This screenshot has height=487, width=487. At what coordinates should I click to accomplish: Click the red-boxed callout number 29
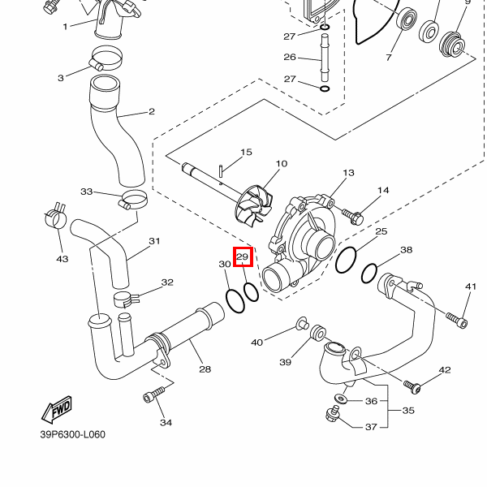(x=243, y=256)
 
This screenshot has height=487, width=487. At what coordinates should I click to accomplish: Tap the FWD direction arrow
(x=58, y=409)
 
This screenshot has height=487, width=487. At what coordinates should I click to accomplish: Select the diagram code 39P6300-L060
(x=73, y=434)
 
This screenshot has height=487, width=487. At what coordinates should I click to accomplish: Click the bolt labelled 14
(x=353, y=216)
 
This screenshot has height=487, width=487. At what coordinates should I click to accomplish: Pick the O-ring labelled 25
(x=346, y=260)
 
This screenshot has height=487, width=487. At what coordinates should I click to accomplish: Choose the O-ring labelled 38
(x=369, y=274)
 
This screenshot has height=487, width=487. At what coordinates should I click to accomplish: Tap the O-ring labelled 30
(x=235, y=301)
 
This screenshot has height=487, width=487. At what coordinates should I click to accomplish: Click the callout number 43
(x=62, y=259)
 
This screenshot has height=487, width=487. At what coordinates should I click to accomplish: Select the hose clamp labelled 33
(x=133, y=200)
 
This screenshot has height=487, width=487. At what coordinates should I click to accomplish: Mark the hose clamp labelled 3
(x=106, y=58)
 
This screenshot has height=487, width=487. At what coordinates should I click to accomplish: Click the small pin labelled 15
(x=221, y=171)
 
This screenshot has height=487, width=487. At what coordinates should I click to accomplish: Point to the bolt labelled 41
(x=456, y=321)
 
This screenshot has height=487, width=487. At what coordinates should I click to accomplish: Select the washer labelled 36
(x=341, y=398)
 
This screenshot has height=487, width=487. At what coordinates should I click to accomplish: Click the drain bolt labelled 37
(x=332, y=413)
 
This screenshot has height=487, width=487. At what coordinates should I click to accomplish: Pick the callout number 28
(x=205, y=369)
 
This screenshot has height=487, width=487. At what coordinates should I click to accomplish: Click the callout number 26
(x=290, y=57)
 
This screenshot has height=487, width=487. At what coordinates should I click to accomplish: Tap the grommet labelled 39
(x=318, y=333)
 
